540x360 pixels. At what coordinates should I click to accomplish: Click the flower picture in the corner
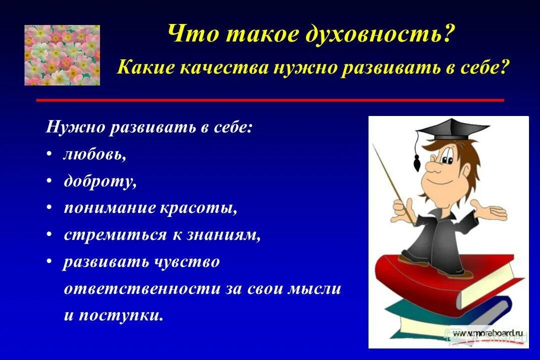(x=62, y=55)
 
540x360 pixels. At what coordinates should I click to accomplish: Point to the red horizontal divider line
(x=270, y=100)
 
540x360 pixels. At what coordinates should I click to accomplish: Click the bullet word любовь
(x=94, y=154)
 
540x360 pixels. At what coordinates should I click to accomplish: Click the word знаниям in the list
(x=223, y=235)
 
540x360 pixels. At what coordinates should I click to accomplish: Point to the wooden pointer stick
(x=392, y=180)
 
